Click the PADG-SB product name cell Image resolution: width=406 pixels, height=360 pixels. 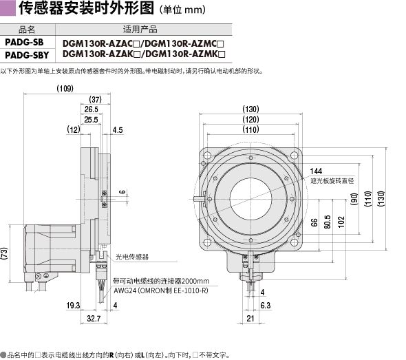click(x=24, y=42)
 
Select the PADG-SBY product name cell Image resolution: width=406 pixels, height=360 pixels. click(x=27, y=55)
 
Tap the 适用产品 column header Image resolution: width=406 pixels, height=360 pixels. click(x=140, y=30)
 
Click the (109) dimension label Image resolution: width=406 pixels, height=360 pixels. click(x=65, y=89)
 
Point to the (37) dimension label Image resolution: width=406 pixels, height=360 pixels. click(x=95, y=99)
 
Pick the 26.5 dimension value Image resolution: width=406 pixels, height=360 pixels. click(x=91, y=109)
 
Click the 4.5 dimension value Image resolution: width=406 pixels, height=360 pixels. click(x=118, y=130)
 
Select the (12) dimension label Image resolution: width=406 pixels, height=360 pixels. click(x=74, y=129)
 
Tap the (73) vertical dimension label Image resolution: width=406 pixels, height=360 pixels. click(x=4, y=253)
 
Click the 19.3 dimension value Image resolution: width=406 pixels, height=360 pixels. click(x=73, y=306)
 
